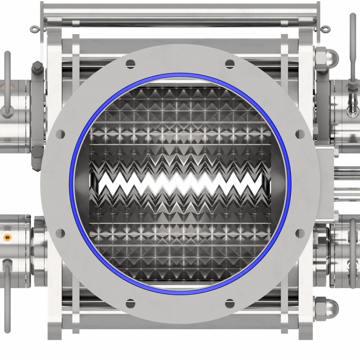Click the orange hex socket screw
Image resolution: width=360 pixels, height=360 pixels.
click(6, 238)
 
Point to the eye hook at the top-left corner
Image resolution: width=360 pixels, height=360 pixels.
click(33, 28)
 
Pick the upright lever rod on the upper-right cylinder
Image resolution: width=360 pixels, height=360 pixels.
click(353, 49)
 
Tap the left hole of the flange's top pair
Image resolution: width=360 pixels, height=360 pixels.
click(130, 64)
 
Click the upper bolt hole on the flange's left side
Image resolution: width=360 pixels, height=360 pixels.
click(60, 134)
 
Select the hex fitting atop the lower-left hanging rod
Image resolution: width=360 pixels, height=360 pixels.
click(7, 263)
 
